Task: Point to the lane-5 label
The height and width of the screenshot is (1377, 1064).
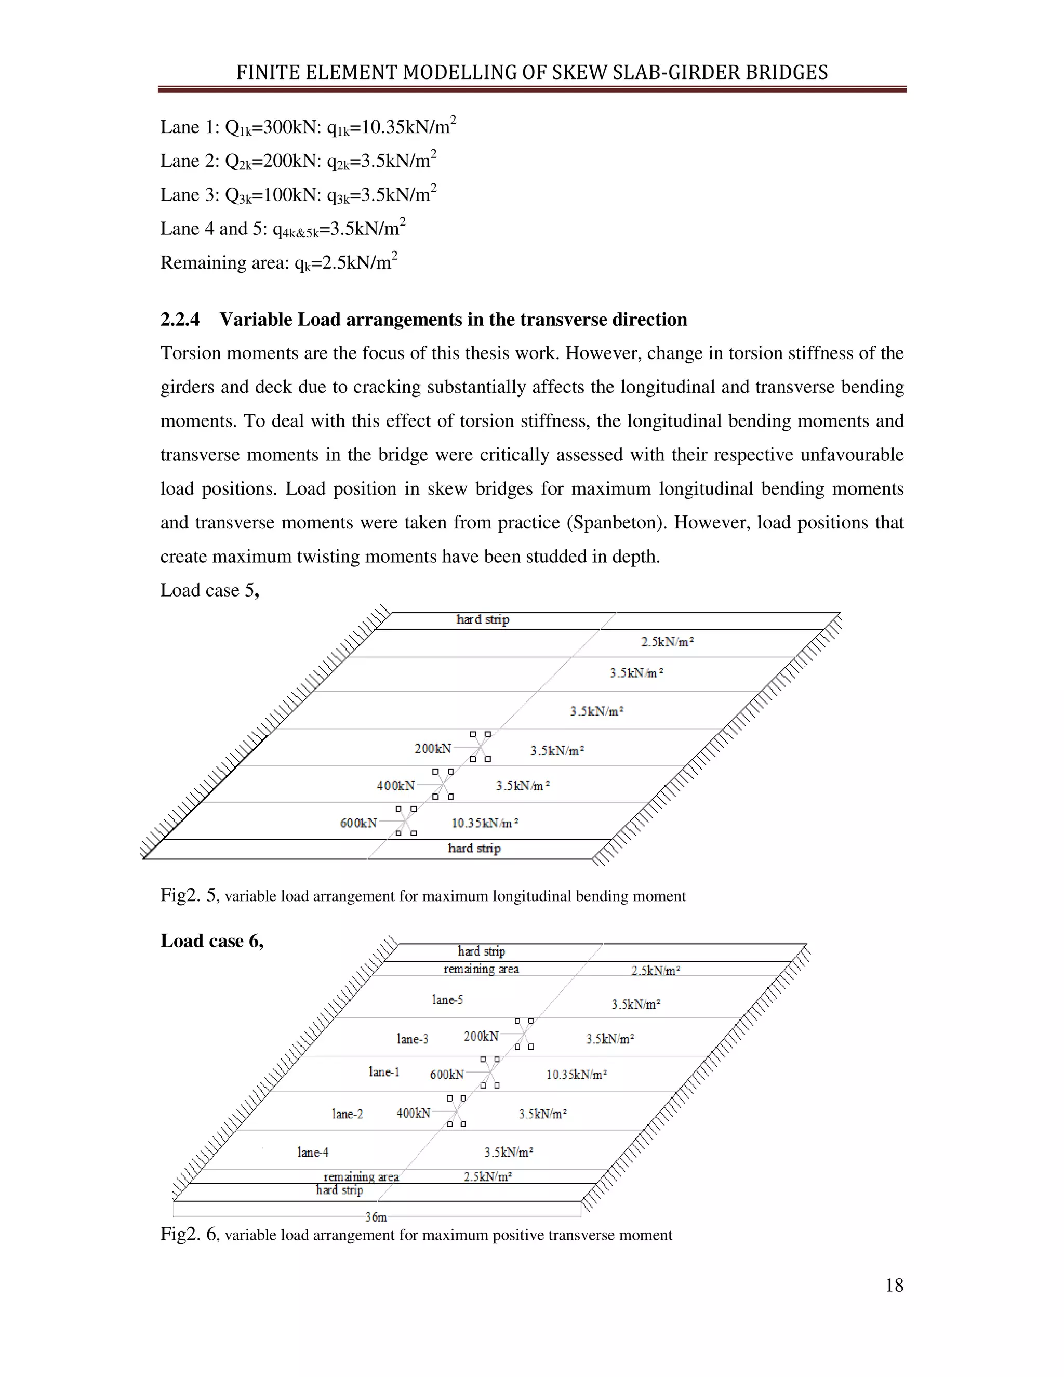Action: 447,999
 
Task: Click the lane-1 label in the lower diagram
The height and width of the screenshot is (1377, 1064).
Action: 384,1072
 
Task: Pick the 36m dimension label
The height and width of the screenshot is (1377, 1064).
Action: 376,1217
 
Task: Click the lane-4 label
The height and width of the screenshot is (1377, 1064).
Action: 313,1153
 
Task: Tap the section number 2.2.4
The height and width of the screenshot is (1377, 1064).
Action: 180,320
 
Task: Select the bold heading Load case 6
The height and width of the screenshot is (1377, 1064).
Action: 212,941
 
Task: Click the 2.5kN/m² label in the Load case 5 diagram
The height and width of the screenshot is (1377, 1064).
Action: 668,642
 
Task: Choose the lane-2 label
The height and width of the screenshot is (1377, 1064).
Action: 348,1114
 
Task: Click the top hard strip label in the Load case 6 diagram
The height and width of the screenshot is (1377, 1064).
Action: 482,951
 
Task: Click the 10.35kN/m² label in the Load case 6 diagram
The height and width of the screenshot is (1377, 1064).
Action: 576,1075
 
